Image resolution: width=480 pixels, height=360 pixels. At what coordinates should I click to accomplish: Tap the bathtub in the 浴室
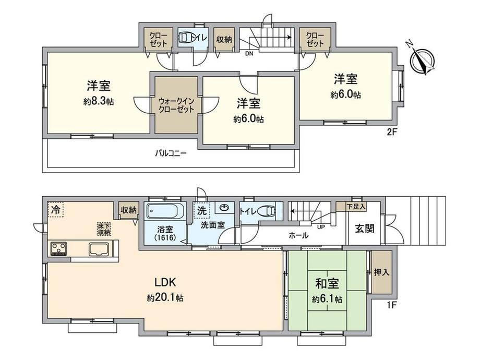(x=165, y=211)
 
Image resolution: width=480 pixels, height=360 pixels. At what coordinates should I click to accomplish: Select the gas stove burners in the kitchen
(x=58, y=248)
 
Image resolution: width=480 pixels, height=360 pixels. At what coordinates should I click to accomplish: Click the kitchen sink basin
(x=99, y=249)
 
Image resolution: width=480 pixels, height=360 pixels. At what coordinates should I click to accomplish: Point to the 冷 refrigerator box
(x=55, y=209)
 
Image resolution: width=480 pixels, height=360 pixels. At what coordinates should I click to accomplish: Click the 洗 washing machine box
(x=202, y=210)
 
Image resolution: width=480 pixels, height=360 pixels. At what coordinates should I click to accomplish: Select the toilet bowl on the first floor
(x=266, y=211)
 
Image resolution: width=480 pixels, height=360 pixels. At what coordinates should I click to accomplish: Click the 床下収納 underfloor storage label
(x=104, y=229)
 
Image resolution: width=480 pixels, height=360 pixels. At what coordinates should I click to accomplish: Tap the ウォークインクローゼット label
(x=176, y=105)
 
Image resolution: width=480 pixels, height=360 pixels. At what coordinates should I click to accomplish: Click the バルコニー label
(x=171, y=153)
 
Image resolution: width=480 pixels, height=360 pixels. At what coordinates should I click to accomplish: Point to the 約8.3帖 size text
(x=99, y=102)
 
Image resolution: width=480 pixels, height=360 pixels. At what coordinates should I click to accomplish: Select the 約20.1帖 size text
(x=165, y=298)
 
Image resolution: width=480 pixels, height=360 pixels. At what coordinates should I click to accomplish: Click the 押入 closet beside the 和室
(x=381, y=272)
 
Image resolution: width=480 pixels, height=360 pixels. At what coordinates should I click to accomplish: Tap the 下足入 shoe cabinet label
(x=356, y=206)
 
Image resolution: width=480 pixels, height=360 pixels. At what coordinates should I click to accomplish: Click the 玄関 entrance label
(x=364, y=229)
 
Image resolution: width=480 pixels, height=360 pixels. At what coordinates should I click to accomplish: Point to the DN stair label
(x=249, y=54)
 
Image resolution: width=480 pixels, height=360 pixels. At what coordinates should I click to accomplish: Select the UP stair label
(x=321, y=227)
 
